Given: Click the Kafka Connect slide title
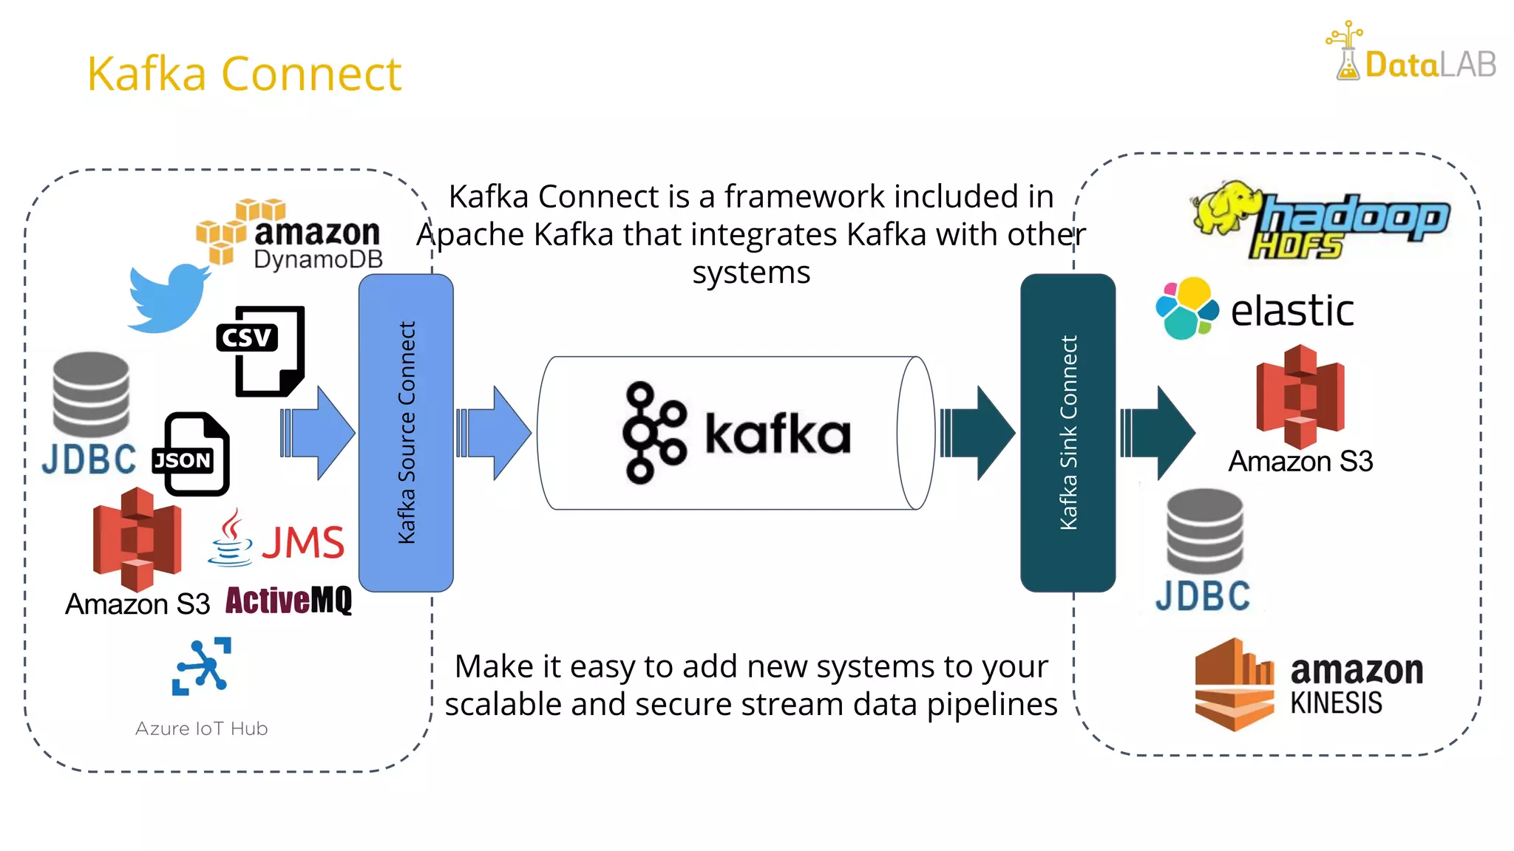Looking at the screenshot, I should point(244,74).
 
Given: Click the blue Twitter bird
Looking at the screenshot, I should point(168,298).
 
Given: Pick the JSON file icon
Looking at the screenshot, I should point(192,454).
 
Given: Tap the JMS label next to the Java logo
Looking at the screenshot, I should point(303,543).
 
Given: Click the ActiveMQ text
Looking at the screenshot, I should point(288,601).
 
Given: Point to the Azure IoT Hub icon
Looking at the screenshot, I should point(201,666).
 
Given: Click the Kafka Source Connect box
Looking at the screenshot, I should point(406,433).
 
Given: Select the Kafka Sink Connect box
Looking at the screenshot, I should point(1067,433).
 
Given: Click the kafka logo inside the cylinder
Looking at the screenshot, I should point(736,433).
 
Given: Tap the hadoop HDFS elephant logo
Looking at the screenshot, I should point(1320,219).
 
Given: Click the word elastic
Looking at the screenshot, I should point(1291,310).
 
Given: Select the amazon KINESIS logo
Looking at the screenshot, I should point(1308,685).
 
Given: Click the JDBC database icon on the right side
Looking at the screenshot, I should point(1204,533).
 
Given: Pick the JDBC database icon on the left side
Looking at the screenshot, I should point(91,395).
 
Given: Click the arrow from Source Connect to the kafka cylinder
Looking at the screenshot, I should point(493,433).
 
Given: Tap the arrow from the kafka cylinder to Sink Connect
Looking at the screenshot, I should point(977,433).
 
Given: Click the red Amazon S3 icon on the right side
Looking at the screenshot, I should point(1300,397).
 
